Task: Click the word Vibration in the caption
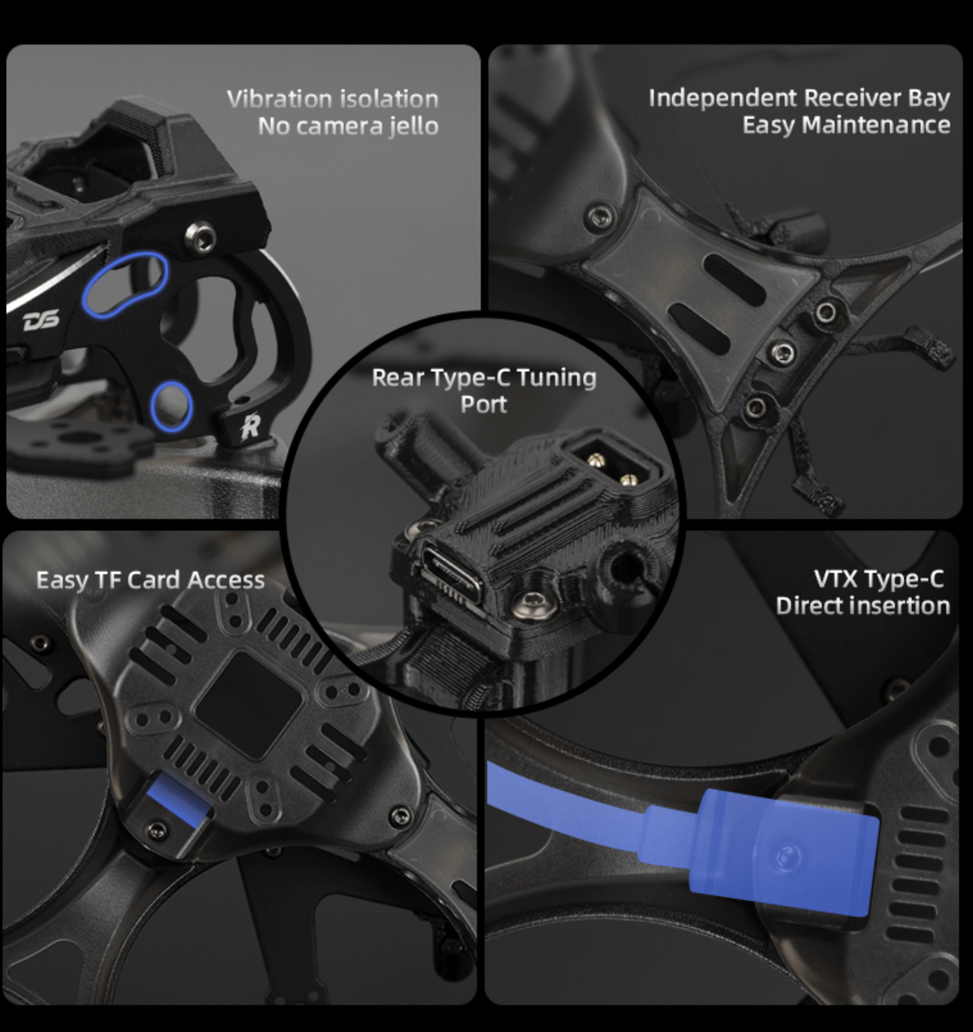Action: click(280, 99)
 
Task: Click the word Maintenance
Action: click(876, 124)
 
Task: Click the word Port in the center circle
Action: click(483, 404)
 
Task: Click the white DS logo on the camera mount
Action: click(41, 321)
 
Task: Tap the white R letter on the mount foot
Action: click(250, 426)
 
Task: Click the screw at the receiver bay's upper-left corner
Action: click(600, 217)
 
